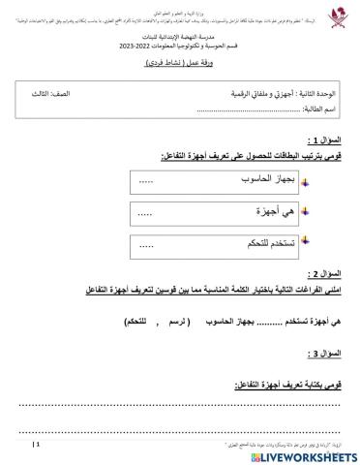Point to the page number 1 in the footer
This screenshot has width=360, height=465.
(x=38, y=444)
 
